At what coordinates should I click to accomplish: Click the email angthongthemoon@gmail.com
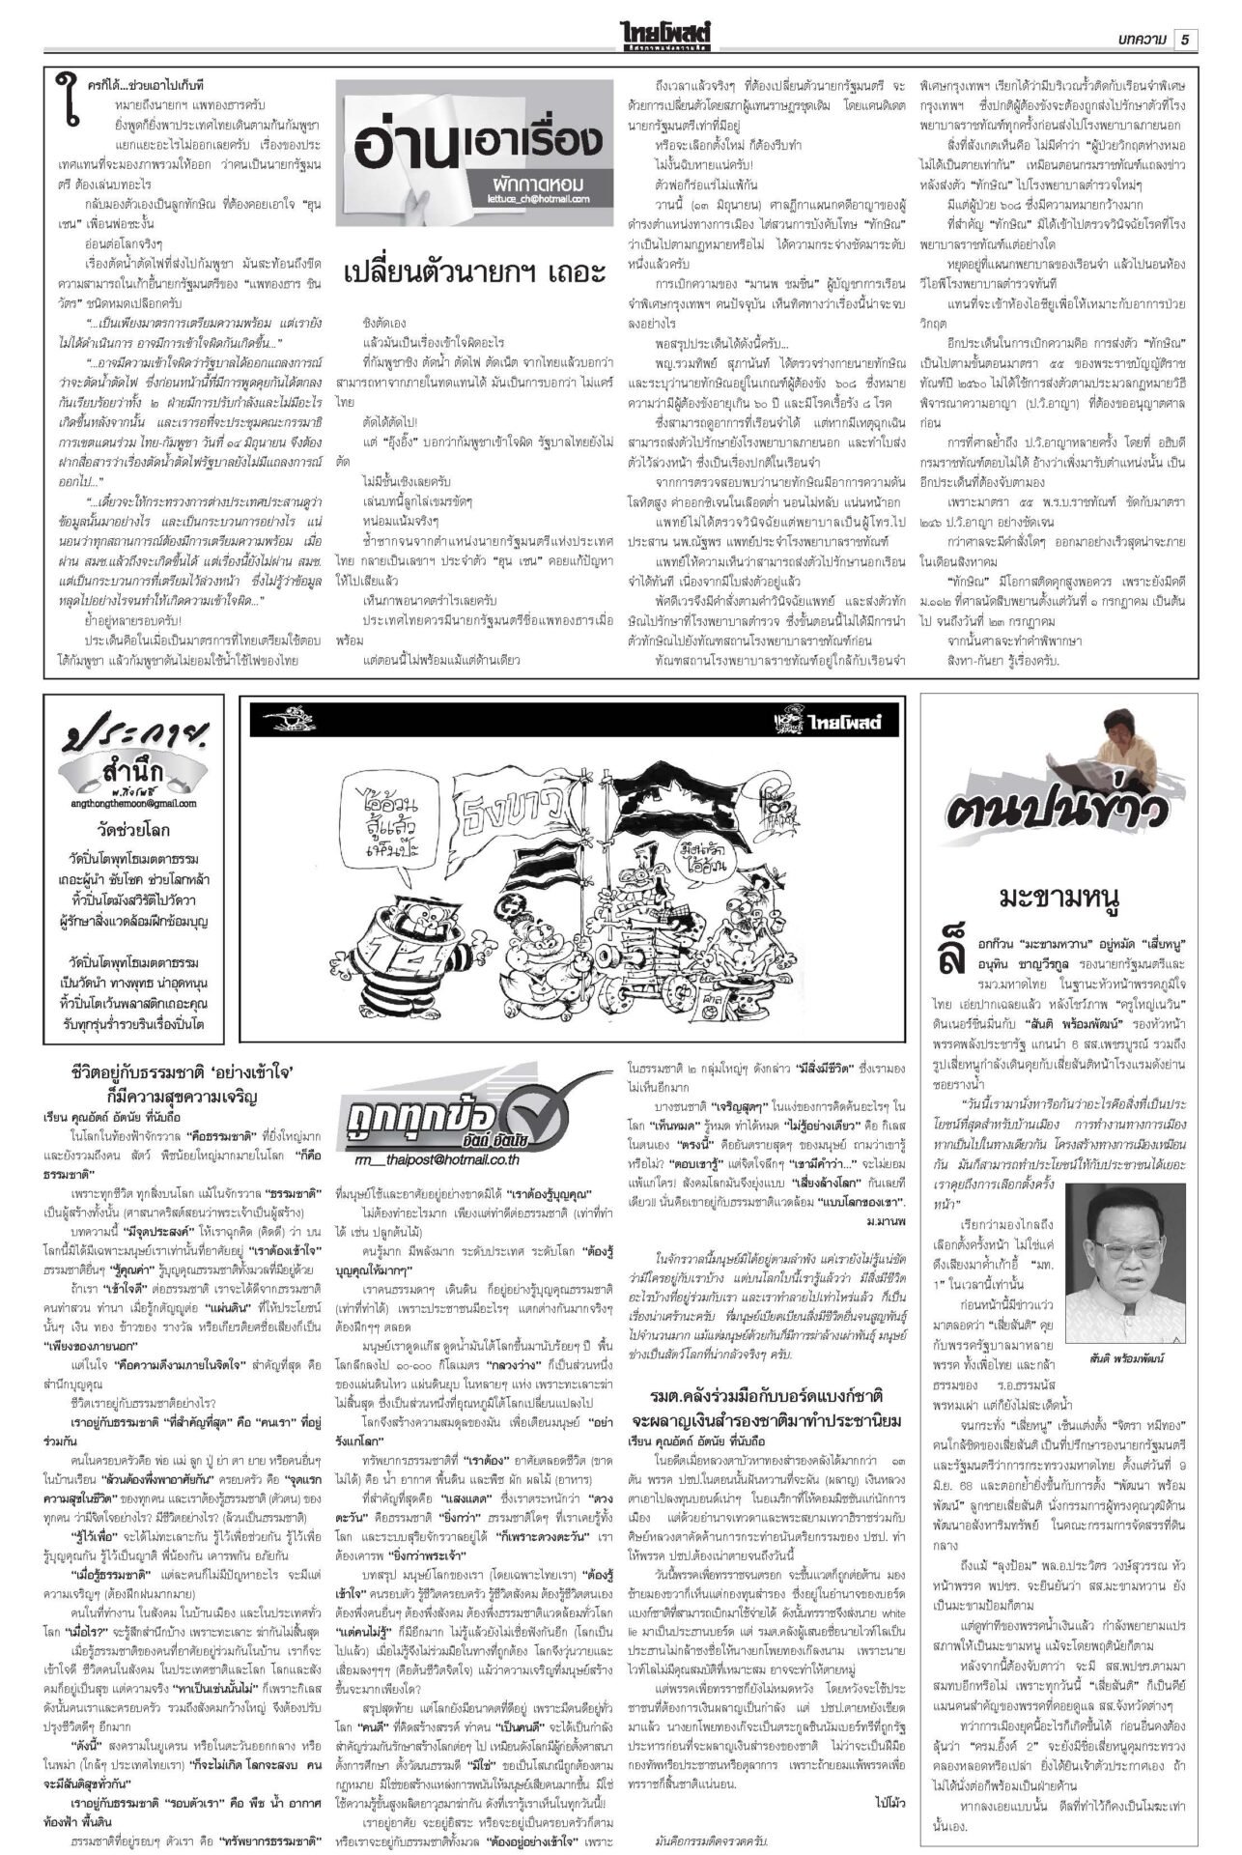pyautogui.click(x=134, y=803)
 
